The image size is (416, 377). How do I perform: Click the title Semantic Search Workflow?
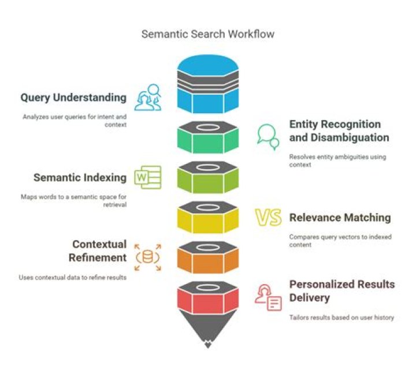(x=208, y=34)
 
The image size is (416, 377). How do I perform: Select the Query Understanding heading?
(x=73, y=98)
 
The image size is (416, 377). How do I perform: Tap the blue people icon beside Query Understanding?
(x=148, y=98)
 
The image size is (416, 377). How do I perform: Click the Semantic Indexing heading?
(x=80, y=177)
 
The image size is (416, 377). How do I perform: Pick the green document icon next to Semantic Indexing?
(x=148, y=177)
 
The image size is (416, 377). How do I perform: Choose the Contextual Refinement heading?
(x=99, y=251)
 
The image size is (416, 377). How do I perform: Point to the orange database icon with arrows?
(x=148, y=256)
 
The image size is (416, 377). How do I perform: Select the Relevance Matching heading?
(x=340, y=218)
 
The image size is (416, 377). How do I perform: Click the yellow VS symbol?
(x=269, y=218)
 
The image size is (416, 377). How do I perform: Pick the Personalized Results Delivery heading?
(x=341, y=291)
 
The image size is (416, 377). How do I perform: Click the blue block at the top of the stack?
(x=208, y=101)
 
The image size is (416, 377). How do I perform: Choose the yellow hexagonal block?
(x=208, y=221)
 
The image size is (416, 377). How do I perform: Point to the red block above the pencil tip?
(x=208, y=300)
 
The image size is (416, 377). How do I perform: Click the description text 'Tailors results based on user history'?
(x=341, y=318)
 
